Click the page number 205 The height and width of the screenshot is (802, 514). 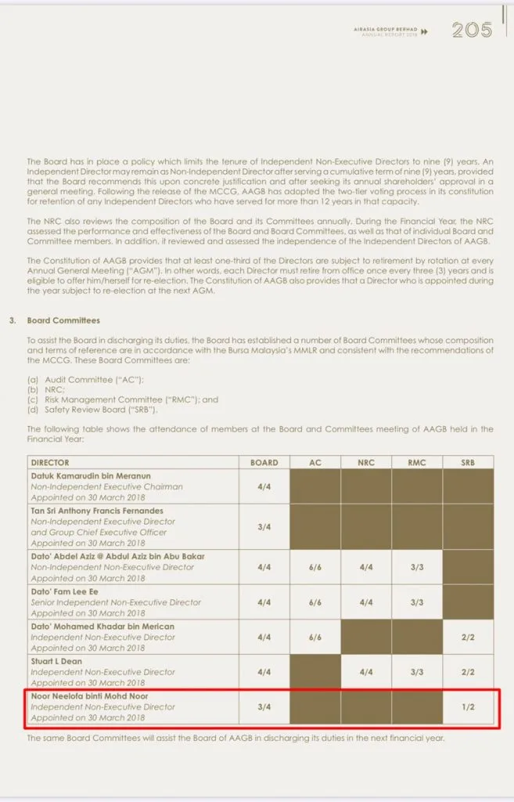pyautogui.click(x=472, y=31)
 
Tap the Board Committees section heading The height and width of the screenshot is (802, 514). pyautogui.click(x=63, y=320)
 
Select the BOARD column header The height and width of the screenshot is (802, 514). pyautogui.click(x=264, y=463)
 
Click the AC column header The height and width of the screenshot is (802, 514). pyautogui.click(x=315, y=463)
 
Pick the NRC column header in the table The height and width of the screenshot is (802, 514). pyautogui.click(x=366, y=463)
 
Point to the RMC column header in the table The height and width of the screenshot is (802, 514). pyautogui.click(x=417, y=463)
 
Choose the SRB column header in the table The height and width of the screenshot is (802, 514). pyautogui.click(x=468, y=463)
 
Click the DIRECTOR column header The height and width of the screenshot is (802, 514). pyautogui.click(x=49, y=463)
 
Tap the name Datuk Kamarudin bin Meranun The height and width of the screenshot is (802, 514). pyautogui.click(x=92, y=475)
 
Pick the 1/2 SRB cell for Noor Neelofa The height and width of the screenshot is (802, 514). pyautogui.click(x=468, y=707)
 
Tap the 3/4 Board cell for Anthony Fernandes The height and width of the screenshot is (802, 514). pyautogui.click(x=264, y=526)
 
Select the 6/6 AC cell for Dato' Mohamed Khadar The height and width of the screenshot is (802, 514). pyautogui.click(x=315, y=638)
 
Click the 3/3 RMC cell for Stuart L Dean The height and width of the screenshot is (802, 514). pyautogui.click(x=417, y=672)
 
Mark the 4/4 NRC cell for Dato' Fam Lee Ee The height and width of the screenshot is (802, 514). pyautogui.click(x=366, y=602)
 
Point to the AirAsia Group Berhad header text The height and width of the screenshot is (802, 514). pyautogui.click(x=383, y=28)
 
